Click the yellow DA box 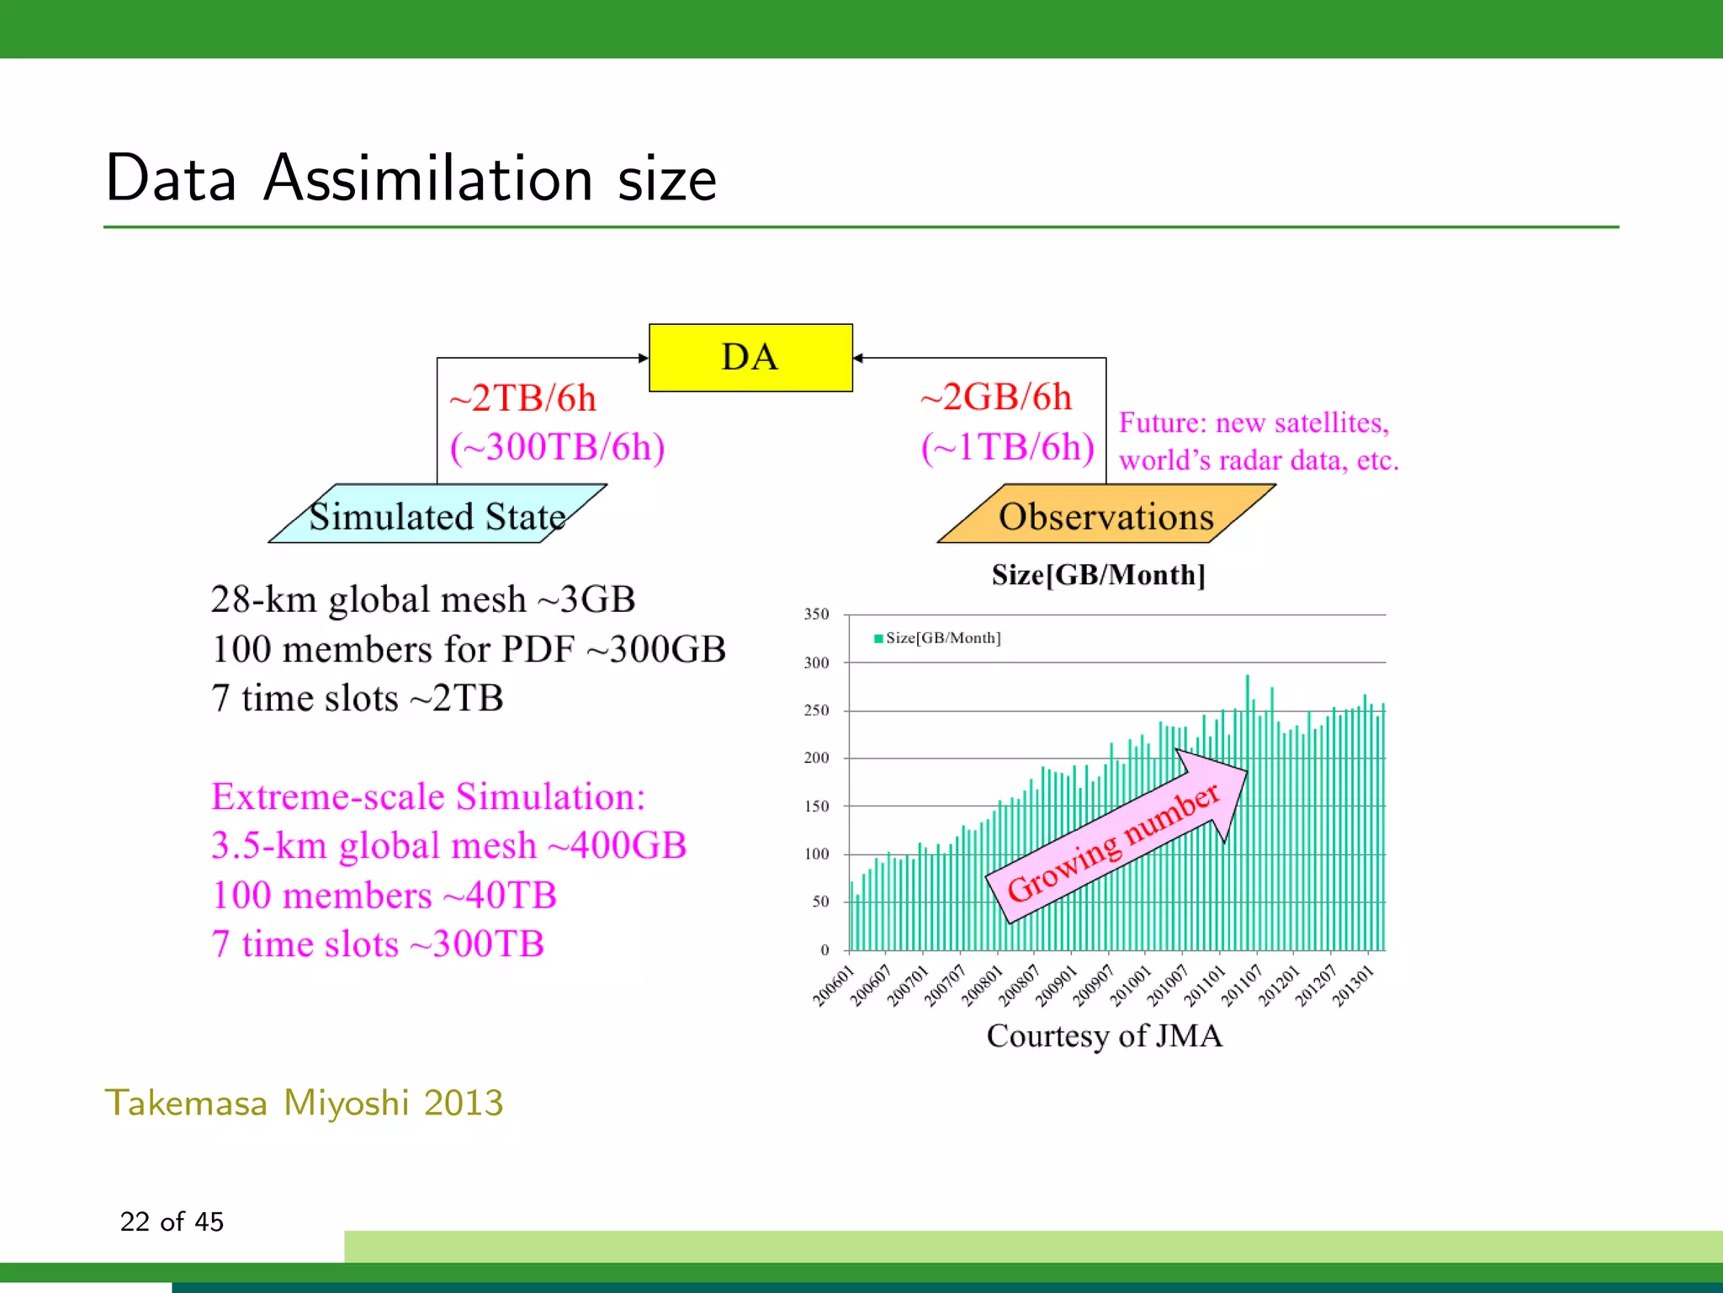(x=750, y=358)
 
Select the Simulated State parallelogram (x=437, y=514)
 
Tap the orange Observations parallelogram (x=1105, y=514)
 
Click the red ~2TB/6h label (x=522, y=398)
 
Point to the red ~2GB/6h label (x=996, y=396)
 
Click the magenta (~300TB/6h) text (x=557, y=447)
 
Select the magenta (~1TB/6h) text (x=1007, y=447)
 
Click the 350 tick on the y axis (x=816, y=615)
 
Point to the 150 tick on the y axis (x=816, y=806)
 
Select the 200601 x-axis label (x=833, y=986)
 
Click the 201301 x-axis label (x=1354, y=986)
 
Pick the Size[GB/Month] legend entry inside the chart (x=938, y=638)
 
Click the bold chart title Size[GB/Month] (x=1098, y=575)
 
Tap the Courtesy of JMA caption (x=1104, y=1036)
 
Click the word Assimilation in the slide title (x=428, y=178)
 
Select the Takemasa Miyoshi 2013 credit (x=304, y=1103)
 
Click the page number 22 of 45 (x=172, y=1221)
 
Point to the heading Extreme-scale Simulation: (x=428, y=796)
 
